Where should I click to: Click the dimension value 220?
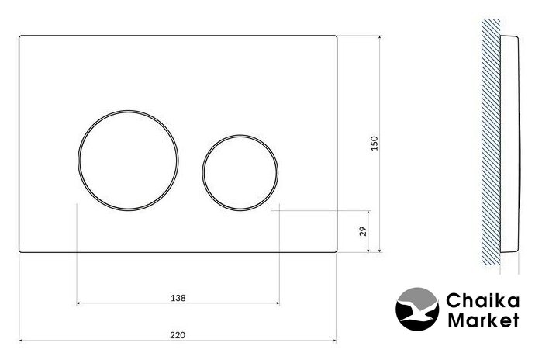[x=178, y=334]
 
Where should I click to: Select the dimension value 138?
[x=178, y=298]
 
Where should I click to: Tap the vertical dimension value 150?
[x=375, y=144]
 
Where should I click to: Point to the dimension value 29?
[x=363, y=231]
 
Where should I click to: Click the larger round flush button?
[x=78, y=161]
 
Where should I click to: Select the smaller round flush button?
[x=202, y=172]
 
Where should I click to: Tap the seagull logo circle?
[x=417, y=309]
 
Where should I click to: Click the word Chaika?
[x=482, y=300]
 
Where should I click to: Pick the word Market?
[x=483, y=320]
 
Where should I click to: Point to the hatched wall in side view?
[x=491, y=142]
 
